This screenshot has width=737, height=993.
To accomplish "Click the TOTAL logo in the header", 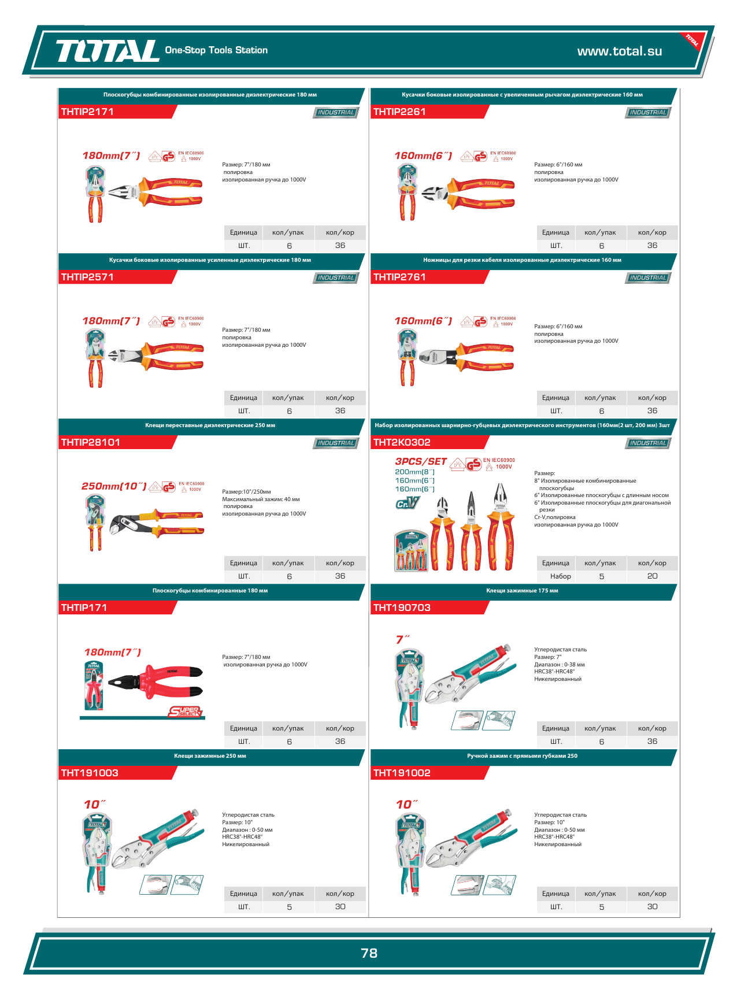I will click(x=107, y=51).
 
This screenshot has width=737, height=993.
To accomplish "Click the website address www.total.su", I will click(x=619, y=51).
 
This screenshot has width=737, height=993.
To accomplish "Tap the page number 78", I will click(x=369, y=953).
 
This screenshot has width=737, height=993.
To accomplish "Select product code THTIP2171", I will click(x=87, y=112).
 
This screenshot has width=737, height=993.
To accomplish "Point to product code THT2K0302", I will click(x=402, y=442).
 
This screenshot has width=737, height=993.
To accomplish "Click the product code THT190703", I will click(x=402, y=607).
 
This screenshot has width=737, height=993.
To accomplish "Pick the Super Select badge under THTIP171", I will click(x=185, y=712).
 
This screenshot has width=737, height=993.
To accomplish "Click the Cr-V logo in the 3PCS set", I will click(x=407, y=503).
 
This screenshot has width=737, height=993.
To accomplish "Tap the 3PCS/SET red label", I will click(x=421, y=461).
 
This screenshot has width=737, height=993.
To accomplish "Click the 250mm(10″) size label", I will click(x=114, y=486).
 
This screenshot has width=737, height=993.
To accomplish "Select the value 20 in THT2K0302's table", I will click(x=652, y=576).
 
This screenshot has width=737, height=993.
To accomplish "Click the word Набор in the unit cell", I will click(x=560, y=576).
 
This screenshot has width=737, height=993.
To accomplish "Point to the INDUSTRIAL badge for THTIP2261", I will click(x=647, y=113).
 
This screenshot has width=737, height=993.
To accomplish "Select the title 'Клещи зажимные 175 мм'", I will click(x=522, y=591).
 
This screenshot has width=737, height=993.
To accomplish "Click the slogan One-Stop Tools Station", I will click(x=216, y=50).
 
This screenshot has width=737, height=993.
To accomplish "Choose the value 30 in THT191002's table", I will click(x=652, y=907).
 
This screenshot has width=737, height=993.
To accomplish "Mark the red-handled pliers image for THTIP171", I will click(x=156, y=682).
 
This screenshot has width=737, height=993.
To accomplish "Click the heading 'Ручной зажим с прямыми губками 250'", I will click(x=522, y=756).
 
